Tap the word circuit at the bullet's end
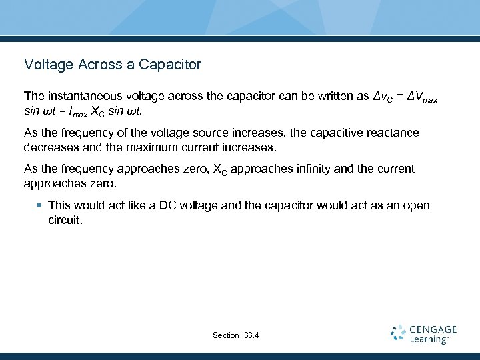point(65,219)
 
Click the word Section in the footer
point(225,335)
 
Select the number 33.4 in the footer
point(252,335)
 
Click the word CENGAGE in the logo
point(433,329)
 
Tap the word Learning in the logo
point(429,340)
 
